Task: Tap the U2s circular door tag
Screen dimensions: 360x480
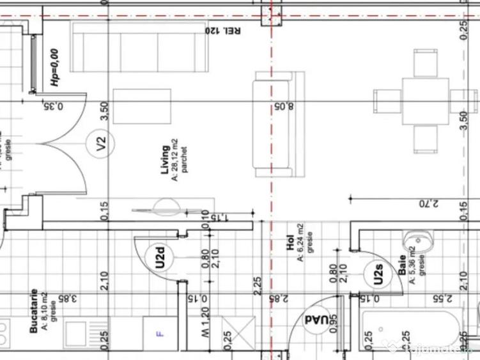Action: pos(378,275)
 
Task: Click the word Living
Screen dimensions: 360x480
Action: pos(165,160)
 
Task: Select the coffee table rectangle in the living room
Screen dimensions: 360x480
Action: pos(142,106)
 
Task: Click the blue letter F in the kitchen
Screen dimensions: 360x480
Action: pos(160,333)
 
